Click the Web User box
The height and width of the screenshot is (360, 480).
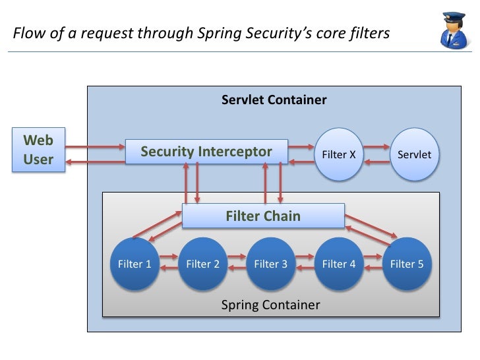pyautogui.click(x=38, y=150)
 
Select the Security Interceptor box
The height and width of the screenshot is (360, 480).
pyautogui.click(x=206, y=152)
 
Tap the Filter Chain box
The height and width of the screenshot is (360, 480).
pyautogui.click(x=263, y=216)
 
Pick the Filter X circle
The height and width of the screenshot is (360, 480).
pyautogui.click(x=339, y=154)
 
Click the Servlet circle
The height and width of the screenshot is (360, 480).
pyautogui.click(x=415, y=154)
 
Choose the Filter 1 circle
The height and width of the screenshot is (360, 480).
pyautogui.click(x=135, y=264)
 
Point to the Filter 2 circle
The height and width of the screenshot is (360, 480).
pyautogui.click(x=202, y=264)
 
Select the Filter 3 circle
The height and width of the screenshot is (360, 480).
pyautogui.click(x=270, y=264)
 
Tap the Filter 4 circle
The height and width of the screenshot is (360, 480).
pyautogui.click(x=339, y=264)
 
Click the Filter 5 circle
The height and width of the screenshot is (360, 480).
pyautogui.click(x=407, y=264)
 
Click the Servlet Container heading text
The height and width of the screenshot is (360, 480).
pyautogui.click(x=274, y=100)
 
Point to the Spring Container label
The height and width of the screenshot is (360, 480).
pyautogui.click(x=270, y=305)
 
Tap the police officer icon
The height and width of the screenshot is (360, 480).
pyautogui.click(x=454, y=30)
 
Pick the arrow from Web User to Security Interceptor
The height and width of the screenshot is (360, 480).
pyautogui.click(x=95, y=147)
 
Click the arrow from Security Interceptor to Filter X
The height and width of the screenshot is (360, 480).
pyautogui.click(x=301, y=147)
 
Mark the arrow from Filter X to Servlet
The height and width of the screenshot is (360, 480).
pyautogui.click(x=376, y=147)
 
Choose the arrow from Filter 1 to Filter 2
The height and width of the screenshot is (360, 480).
pyautogui.click(x=169, y=256)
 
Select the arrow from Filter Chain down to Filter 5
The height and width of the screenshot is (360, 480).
pyautogui.click(x=371, y=226)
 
